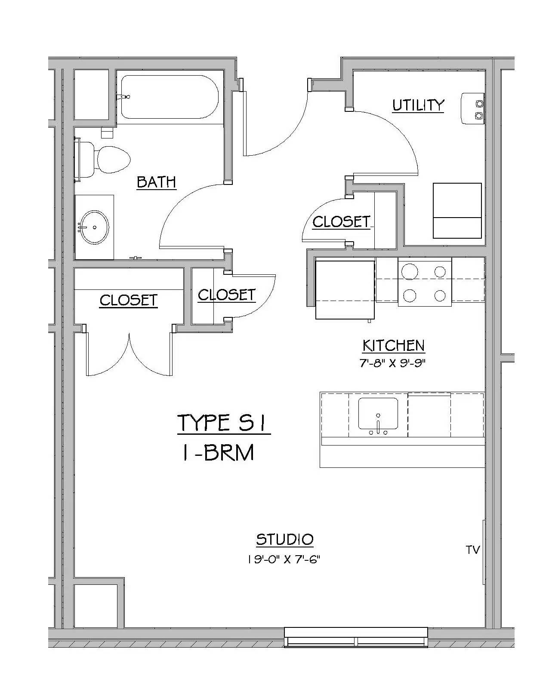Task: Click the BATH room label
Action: pos(156,182)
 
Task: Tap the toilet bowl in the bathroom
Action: pos(113,159)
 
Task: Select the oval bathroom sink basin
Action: pos(94,227)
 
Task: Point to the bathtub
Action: pos(170,97)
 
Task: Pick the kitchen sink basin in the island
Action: pos(378,413)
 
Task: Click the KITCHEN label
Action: pos(393,346)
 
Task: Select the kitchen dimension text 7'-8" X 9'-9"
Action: pos(392,363)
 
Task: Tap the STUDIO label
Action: pos(285,539)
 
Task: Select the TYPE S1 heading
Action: pos(223,423)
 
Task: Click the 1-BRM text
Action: pos(218,452)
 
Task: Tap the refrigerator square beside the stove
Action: pos(345,289)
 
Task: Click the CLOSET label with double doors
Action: pos(129,300)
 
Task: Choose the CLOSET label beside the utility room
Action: pos(341,222)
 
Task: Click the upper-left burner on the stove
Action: pos(410,271)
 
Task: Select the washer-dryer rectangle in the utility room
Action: pos(457,210)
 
